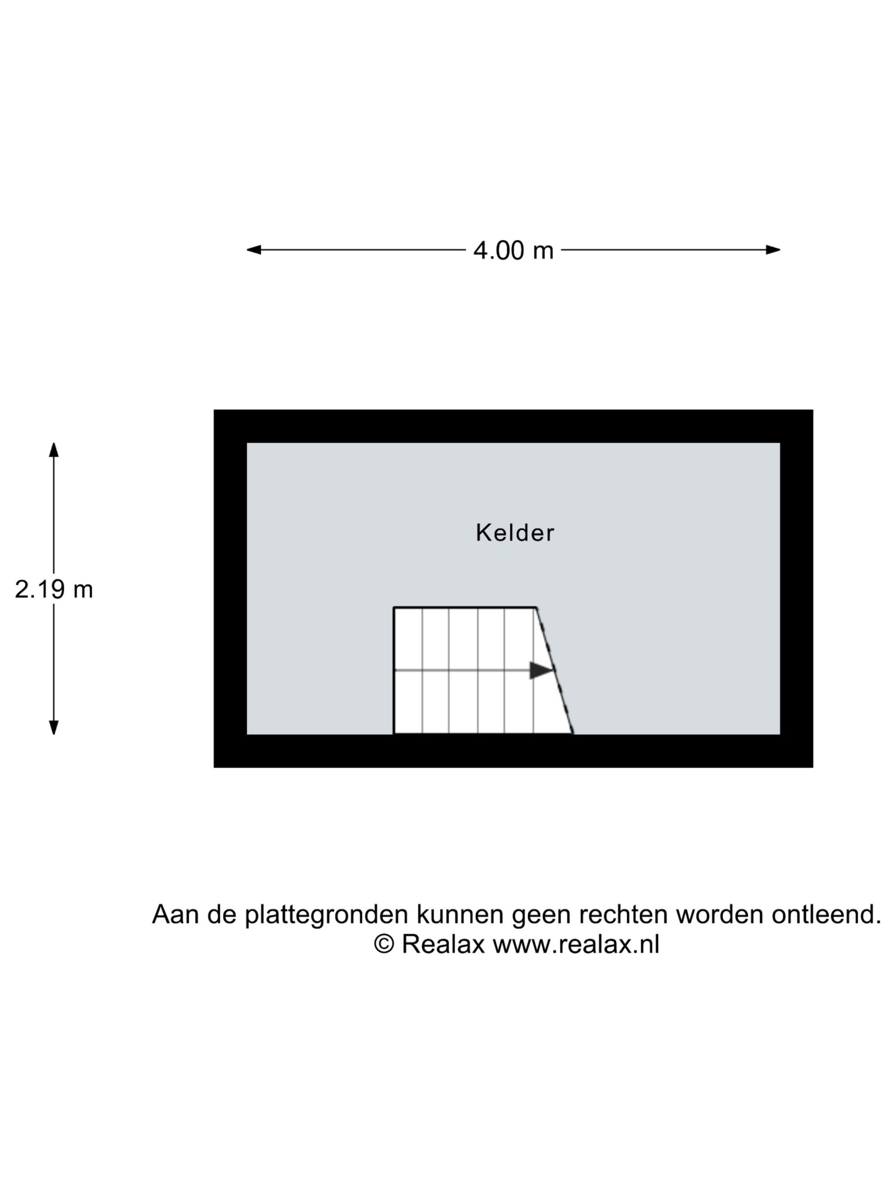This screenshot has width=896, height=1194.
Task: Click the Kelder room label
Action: [515, 532]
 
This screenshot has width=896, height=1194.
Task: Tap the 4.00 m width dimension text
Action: [513, 250]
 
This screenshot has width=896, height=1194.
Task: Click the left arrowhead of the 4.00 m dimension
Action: [254, 250]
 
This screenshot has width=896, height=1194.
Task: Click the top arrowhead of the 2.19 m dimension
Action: [53, 449]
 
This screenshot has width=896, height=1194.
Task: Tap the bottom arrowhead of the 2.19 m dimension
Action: [53, 727]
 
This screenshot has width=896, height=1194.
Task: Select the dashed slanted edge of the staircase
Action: [554, 671]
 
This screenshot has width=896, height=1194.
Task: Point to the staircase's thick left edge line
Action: [394, 671]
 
